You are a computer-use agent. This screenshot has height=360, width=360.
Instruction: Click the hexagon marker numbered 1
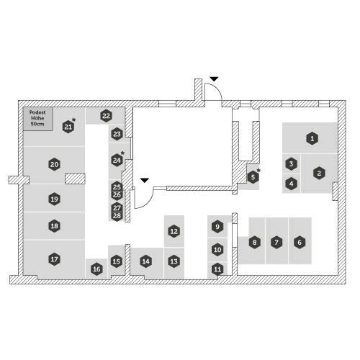[312, 138]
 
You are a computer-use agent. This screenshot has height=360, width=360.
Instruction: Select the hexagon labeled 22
[106, 116]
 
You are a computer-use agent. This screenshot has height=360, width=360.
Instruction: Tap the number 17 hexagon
[55, 259]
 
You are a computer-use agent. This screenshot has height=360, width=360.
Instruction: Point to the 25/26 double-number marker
[117, 191]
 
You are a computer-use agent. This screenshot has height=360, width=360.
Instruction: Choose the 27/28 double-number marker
[117, 212]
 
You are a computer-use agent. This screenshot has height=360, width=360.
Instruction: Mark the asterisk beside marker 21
[74, 120]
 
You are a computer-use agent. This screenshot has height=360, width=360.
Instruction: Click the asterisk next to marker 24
[122, 153]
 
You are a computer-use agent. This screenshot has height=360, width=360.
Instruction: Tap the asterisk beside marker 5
[258, 171]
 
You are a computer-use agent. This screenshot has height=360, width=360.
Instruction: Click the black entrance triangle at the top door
[214, 78]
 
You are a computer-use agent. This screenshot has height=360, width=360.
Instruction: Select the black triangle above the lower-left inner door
[145, 180]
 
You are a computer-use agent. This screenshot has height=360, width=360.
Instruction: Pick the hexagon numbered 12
[174, 231]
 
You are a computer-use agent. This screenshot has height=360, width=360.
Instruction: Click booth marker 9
[217, 227]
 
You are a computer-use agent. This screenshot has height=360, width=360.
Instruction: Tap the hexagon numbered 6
[300, 242]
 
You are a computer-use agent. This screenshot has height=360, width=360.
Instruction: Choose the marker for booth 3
[291, 164]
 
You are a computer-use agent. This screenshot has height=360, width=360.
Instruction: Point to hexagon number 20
[55, 164]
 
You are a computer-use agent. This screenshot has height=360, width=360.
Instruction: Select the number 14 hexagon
[146, 261]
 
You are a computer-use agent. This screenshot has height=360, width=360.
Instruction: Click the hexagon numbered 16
[96, 269]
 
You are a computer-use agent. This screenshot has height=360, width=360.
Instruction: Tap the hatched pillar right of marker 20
[75, 179]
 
